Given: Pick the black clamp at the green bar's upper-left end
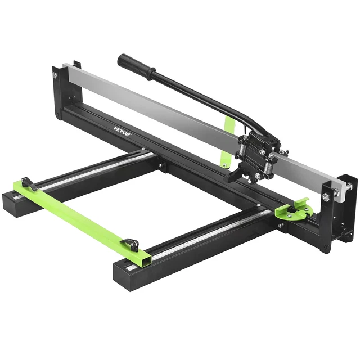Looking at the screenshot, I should tap(26, 183).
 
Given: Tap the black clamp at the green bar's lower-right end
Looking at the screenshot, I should tap(131, 244).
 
